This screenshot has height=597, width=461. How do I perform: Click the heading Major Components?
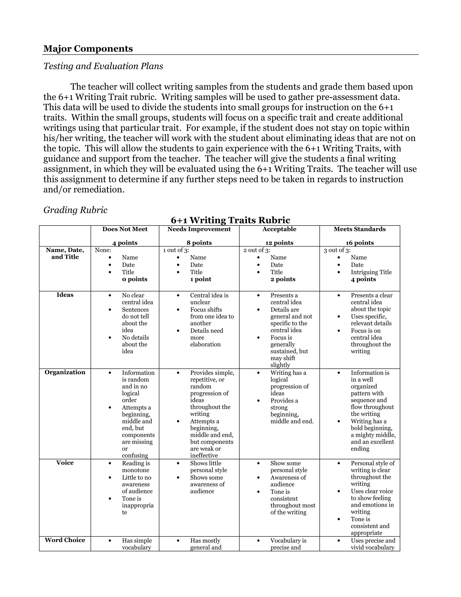88,49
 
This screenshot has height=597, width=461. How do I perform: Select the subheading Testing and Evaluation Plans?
103,66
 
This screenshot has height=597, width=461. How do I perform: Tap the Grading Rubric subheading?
75,210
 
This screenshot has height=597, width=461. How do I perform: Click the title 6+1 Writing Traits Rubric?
230,220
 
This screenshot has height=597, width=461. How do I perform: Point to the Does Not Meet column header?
125,229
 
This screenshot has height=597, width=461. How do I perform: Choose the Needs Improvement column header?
199,229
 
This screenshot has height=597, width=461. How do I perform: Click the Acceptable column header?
279,229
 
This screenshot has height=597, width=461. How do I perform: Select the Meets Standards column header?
359,229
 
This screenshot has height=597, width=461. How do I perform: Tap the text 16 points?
359,243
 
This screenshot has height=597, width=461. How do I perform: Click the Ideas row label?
65,295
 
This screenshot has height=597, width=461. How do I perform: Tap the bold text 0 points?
134,279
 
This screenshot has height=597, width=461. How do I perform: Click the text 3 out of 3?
337,250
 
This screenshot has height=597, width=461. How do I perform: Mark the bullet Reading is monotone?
136,466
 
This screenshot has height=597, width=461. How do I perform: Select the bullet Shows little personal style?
208,466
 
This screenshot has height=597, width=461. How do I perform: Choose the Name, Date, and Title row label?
65,253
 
